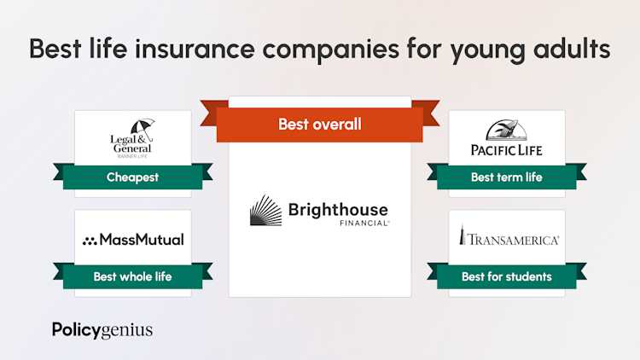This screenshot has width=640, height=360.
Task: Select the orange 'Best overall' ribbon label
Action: pyautogui.click(x=319, y=125)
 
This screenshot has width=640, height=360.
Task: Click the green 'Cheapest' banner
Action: pyautogui.click(x=132, y=177)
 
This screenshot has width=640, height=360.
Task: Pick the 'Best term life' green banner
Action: pyautogui.click(x=506, y=177)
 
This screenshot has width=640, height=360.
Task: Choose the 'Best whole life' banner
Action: pyautogui.click(x=132, y=276)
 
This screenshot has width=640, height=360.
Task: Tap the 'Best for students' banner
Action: pyautogui.click(x=506, y=276)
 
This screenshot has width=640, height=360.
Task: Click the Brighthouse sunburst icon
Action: pyautogui.click(x=266, y=211)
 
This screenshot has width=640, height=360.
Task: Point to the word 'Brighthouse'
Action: pyautogui.click(x=338, y=209)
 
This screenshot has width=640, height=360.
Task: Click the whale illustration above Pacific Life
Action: pyautogui.click(x=507, y=130)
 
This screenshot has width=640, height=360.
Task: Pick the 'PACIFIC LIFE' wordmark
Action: pyautogui.click(x=507, y=150)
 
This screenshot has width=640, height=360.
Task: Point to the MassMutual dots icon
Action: pyautogui.click(x=90, y=241)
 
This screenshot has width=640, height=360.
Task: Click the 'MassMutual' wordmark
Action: pyautogui.click(x=141, y=240)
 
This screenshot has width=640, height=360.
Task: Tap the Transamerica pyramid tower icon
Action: pyautogui.click(x=462, y=235)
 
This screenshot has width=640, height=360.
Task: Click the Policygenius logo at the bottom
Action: pyautogui.click(x=102, y=329)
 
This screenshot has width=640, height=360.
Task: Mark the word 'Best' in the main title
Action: pyautogui.click(x=58, y=49)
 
